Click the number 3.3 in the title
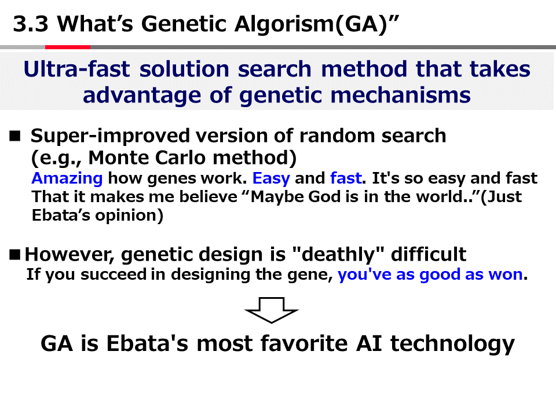pyautogui.click(x=31, y=24)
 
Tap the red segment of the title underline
pyautogui.click(x=68, y=47)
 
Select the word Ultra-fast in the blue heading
pyautogui.click(x=76, y=69)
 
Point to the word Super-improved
pyautogui.click(x=110, y=136)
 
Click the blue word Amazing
pyautogui.click(x=67, y=178)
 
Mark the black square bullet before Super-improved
pyautogui.click(x=15, y=136)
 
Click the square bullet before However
pyautogui.click(x=15, y=255)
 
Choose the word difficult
pyautogui.click(x=429, y=254)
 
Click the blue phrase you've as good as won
pyautogui.click(x=430, y=275)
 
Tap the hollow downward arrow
pyautogui.click(x=272, y=310)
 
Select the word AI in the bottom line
pyautogui.click(x=369, y=343)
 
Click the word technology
pyautogui.click(x=452, y=344)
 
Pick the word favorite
pyautogui.click(x=304, y=343)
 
